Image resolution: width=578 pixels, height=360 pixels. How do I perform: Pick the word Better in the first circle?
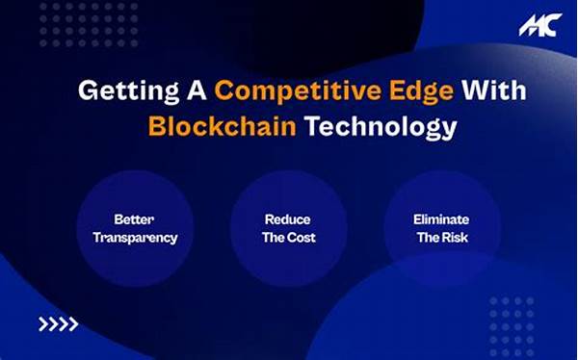point(133,219)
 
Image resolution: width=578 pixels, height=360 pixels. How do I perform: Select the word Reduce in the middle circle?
point(287,219)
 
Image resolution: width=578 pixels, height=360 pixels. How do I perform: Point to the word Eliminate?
point(441,219)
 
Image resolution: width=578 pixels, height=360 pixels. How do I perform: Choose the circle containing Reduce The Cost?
point(287,228)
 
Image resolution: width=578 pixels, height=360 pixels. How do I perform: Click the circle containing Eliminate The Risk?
point(441,228)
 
